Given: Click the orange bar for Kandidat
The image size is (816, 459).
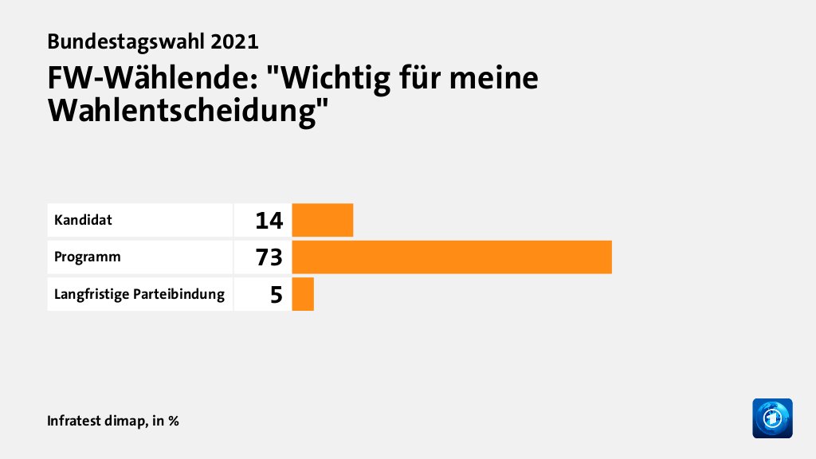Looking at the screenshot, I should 323,220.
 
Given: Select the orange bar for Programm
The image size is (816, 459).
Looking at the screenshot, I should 452,257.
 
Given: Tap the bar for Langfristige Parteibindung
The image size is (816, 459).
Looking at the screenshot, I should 303,295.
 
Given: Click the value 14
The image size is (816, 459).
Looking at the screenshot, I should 269,221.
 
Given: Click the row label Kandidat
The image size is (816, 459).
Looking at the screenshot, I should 83,220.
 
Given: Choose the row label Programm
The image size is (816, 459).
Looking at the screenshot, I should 88,257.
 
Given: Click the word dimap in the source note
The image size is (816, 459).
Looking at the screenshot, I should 124,420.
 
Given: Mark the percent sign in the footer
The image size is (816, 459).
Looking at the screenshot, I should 173,420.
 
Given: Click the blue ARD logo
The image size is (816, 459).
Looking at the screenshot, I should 772,418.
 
